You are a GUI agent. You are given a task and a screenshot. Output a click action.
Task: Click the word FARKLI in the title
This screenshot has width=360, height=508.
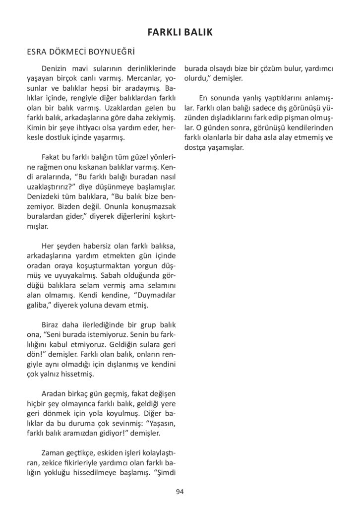(164, 33)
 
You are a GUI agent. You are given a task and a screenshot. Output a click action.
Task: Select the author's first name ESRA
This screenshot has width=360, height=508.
(38, 52)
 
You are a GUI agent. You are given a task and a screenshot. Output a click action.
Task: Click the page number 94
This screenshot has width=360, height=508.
(180, 492)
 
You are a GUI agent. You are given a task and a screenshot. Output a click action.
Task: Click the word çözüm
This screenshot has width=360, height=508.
(274, 69)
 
